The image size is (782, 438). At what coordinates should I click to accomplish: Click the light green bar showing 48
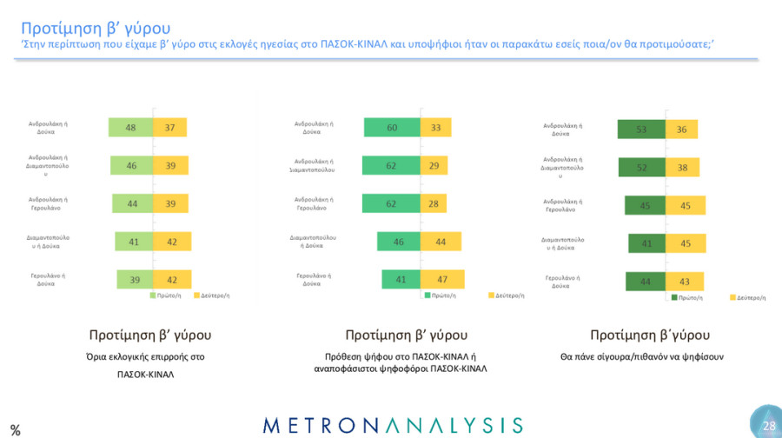(130, 128)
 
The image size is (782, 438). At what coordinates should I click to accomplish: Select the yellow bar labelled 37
(170, 128)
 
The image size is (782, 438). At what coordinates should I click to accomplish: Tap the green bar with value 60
(391, 128)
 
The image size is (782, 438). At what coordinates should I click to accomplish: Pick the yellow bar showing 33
(435, 128)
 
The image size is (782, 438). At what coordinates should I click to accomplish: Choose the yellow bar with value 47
(442, 279)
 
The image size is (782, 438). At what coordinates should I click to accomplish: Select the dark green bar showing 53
(641, 129)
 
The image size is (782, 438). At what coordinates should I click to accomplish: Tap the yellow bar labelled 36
(682, 129)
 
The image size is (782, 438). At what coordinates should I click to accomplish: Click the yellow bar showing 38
(683, 168)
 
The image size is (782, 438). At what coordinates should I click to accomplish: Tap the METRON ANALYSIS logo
(393, 425)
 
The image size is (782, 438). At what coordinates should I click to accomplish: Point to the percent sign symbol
(15, 429)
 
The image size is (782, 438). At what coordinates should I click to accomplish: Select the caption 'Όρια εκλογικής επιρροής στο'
(149, 356)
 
